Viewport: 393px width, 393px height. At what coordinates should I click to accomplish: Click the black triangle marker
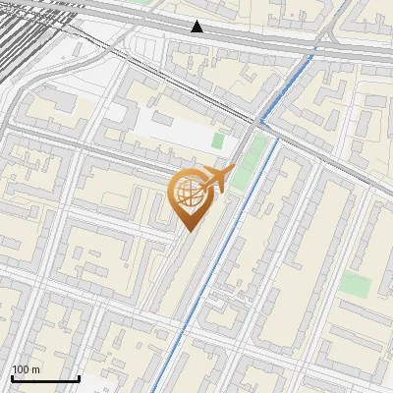(x=197, y=27)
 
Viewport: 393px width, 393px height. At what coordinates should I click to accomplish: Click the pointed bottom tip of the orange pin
(x=189, y=231)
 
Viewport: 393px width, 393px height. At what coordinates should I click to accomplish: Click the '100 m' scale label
(x=26, y=369)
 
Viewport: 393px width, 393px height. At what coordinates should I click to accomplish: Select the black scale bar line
(x=45, y=378)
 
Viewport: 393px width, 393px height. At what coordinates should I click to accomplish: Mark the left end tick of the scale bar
(x=12, y=376)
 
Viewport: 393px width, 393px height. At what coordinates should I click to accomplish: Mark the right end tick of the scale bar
(x=79, y=376)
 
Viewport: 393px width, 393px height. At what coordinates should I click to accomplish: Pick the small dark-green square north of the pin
(x=218, y=141)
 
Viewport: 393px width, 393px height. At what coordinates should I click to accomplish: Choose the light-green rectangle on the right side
(x=356, y=285)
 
